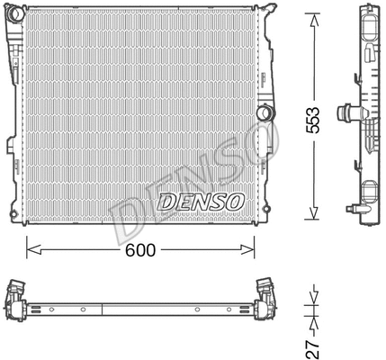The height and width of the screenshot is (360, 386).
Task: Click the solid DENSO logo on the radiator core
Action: coord(200,202)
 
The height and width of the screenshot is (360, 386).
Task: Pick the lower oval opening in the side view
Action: coord(371,190)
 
